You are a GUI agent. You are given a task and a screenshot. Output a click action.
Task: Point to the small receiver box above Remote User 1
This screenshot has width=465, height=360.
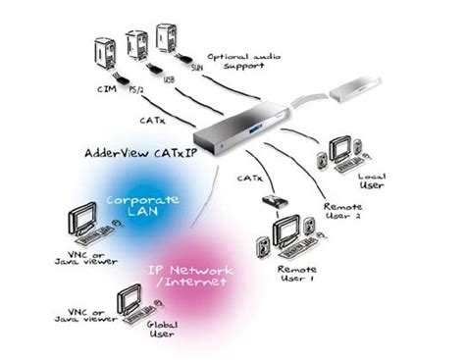[x=275, y=202]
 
